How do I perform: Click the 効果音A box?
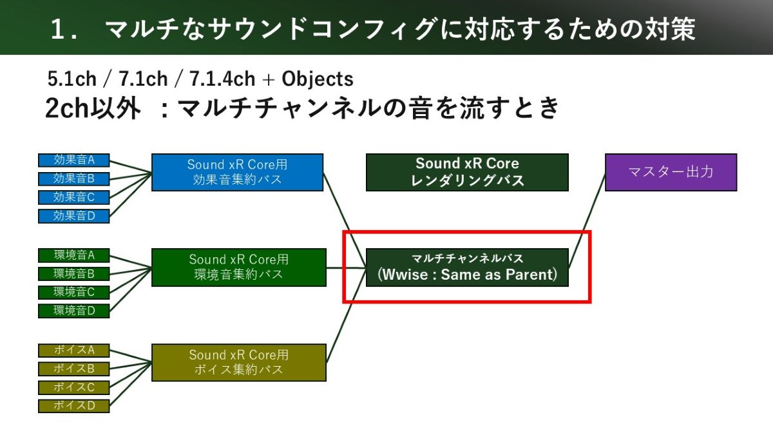point(73,160)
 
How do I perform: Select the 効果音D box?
point(73,216)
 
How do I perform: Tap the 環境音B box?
point(73,274)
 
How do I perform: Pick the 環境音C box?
point(73,293)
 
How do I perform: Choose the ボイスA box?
point(73,351)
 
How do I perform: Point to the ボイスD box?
point(73,406)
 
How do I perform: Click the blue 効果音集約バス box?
point(237,172)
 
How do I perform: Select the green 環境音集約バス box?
point(238,267)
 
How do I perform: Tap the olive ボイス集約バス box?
point(238,362)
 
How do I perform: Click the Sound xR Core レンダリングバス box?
point(467,172)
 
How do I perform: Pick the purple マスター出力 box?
point(671,172)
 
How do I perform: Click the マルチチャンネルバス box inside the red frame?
point(467,267)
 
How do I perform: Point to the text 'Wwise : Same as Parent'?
point(467,275)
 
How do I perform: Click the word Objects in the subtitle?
point(318,79)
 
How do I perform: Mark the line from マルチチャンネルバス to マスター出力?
point(587,219)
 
